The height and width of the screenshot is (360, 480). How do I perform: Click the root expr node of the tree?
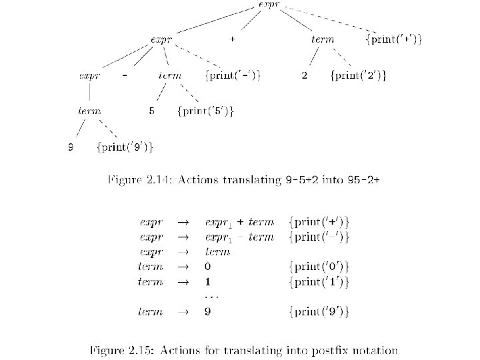[x=271, y=5]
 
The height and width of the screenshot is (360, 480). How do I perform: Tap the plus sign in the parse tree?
[x=231, y=39]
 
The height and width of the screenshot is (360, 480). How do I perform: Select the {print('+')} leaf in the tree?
[x=394, y=40]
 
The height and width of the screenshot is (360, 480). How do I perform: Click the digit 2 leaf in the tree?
[x=305, y=75]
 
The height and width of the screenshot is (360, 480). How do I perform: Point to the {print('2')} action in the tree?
[x=358, y=75]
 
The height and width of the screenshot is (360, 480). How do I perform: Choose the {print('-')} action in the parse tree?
[x=233, y=75]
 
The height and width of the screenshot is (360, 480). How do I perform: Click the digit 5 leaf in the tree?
[x=152, y=111]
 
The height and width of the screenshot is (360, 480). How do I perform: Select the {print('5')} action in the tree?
[x=205, y=111]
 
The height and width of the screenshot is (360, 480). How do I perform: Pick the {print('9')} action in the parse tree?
[x=125, y=147]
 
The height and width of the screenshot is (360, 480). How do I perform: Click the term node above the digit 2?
[x=323, y=40]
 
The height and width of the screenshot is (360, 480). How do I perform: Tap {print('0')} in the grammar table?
[x=319, y=267]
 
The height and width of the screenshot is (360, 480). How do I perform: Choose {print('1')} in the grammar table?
[x=319, y=282]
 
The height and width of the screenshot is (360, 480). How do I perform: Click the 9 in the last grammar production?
[x=207, y=311]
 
